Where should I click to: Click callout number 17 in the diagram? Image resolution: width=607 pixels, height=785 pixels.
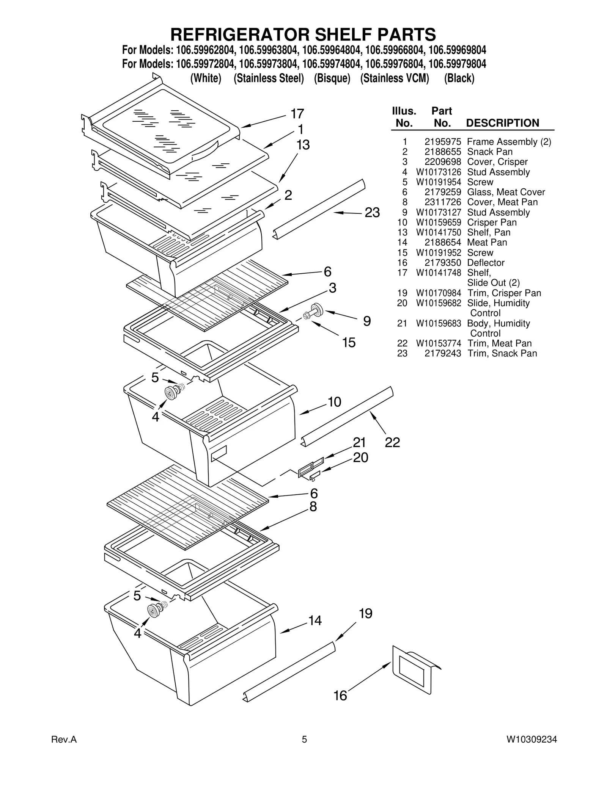pos(297,113)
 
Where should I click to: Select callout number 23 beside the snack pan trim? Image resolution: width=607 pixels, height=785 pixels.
pos(372,213)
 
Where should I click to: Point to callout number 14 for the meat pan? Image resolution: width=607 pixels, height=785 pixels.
pos(315,620)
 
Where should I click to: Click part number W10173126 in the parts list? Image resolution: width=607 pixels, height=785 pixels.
pos(438,172)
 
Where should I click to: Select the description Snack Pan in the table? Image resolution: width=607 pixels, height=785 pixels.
pos(489,152)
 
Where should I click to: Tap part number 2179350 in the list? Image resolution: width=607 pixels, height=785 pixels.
pos(442,263)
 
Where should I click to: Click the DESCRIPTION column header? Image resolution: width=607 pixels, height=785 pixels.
pos(502,123)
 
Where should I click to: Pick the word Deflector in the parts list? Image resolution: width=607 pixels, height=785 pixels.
pos(486,263)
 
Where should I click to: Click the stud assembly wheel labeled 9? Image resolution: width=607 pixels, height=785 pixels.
pos(316,310)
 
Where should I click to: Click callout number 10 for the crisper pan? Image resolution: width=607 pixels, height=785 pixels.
pos(334,401)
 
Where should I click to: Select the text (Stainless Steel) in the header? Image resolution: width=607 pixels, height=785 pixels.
pos(269,78)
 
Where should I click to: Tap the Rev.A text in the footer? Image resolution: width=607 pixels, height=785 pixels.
pos(64,750)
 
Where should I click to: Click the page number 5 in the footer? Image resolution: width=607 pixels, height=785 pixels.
pos(304,750)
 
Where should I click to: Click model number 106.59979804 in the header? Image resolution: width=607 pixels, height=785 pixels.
pos(457,64)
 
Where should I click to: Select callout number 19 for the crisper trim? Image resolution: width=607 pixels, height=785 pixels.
pos(365,613)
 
